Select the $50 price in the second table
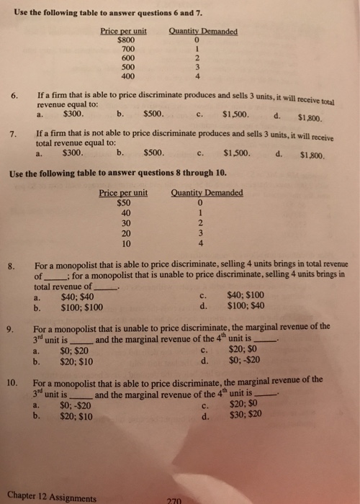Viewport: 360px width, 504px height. [x=125, y=202]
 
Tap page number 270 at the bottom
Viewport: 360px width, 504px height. [x=174, y=499]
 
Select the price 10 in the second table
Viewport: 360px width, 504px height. [x=127, y=243]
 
